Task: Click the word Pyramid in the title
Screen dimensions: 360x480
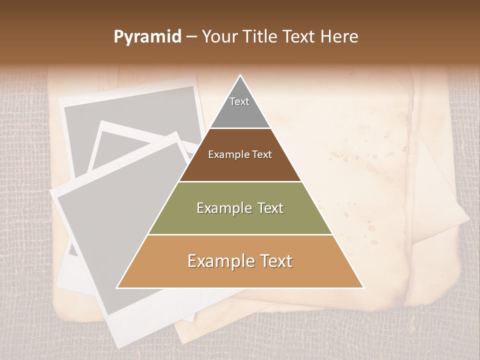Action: (x=147, y=37)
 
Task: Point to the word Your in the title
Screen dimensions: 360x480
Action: (x=219, y=37)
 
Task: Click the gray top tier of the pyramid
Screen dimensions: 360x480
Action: (x=240, y=112)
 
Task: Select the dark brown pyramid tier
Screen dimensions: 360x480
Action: (x=240, y=165)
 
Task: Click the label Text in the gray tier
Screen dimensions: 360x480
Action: (x=239, y=101)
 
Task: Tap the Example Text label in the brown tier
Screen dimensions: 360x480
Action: (x=240, y=154)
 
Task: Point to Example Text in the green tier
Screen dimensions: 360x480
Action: (x=240, y=208)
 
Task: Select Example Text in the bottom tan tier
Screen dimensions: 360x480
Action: (x=240, y=261)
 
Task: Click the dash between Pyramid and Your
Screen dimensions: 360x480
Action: (x=191, y=37)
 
